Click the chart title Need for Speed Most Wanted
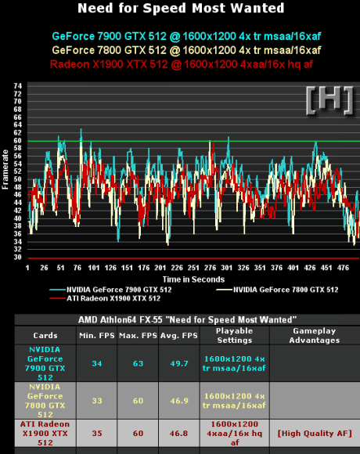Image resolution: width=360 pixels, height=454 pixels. click(181, 8)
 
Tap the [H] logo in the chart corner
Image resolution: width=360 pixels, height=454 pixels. click(329, 100)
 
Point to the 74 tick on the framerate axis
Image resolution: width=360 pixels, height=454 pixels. click(17, 85)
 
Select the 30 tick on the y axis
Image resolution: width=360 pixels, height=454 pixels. click(17, 257)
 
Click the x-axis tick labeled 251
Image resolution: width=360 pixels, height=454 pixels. click(193, 268)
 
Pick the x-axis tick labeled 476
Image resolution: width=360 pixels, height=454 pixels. click(343, 268)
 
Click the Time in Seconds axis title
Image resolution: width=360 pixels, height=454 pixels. click(193, 279)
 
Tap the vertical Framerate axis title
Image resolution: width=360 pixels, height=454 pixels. click(5, 169)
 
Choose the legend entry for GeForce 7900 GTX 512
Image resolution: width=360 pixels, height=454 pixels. click(110, 290)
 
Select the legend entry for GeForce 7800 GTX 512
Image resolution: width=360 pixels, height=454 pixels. click(277, 290)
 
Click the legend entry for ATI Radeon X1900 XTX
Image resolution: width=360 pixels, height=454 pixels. click(105, 298)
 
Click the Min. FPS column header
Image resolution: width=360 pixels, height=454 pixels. click(97, 336)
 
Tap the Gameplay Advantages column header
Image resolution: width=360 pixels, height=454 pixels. click(315, 336)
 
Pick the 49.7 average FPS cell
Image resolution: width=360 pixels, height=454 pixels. click(179, 364)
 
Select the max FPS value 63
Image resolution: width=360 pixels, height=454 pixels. click(138, 364)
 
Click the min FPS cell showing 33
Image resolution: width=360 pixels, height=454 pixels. click(97, 401)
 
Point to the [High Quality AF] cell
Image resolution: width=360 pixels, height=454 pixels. click(315, 434)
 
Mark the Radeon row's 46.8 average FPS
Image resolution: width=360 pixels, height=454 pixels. click(179, 434)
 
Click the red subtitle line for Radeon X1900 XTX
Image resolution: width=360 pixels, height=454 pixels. click(182, 64)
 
